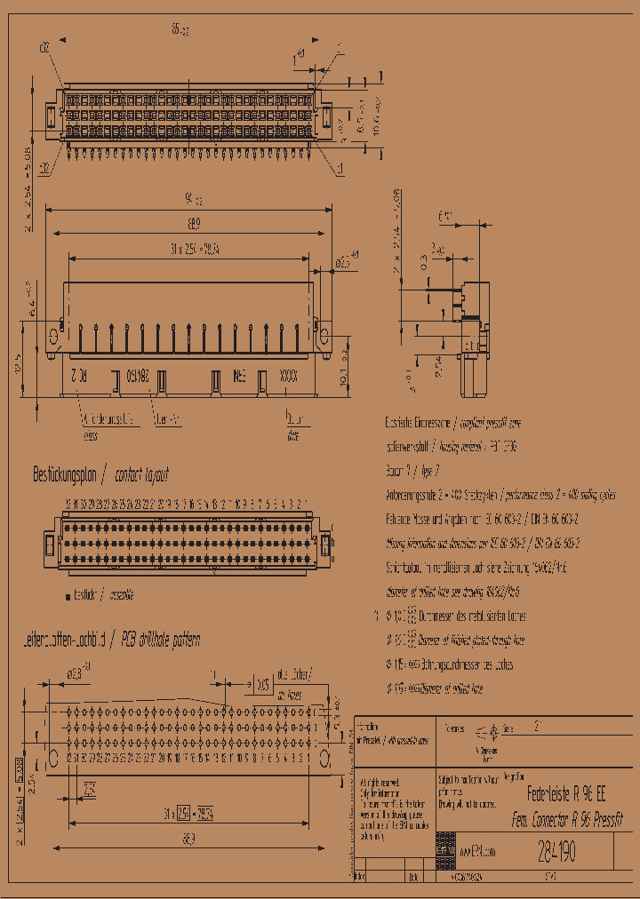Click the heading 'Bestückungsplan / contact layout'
(100, 474)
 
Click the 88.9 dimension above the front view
(188, 223)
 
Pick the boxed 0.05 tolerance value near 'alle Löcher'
(263, 685)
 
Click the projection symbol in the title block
(492, 730)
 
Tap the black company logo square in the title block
(444, 851)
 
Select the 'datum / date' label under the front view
(293, 426)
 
